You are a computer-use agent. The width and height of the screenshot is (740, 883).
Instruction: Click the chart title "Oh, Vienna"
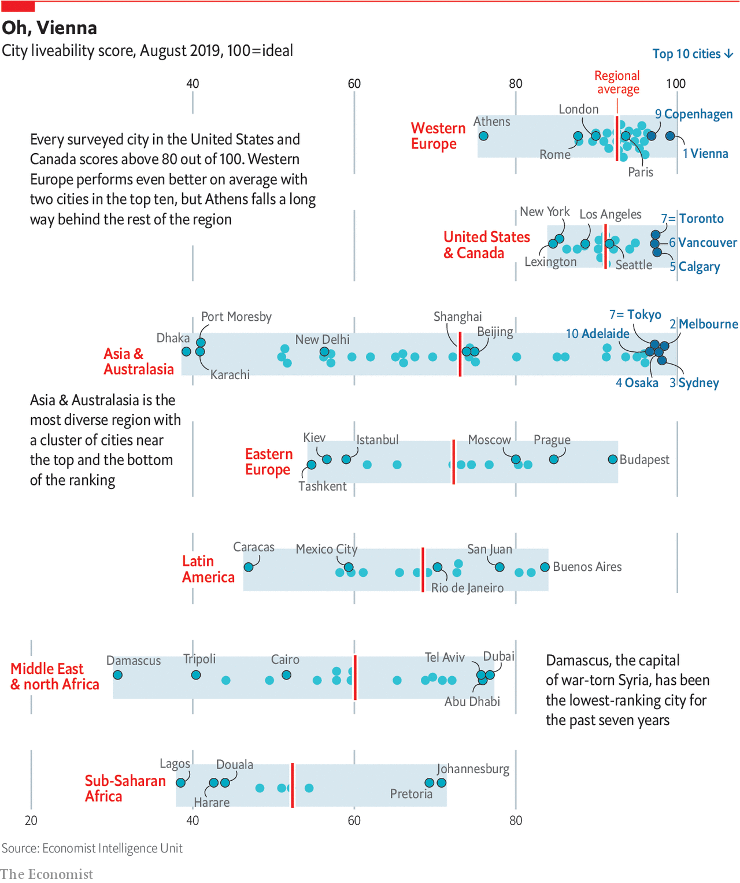pyautogui.click(x=50, y=28)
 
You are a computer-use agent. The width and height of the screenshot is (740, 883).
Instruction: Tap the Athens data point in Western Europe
pyautogui.click(x=483, y=136)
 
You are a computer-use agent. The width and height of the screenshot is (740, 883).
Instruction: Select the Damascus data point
pyautogui.click(x=117, y=675)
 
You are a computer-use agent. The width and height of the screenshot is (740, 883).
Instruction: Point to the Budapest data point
pyautogui.click(x=613, y=459)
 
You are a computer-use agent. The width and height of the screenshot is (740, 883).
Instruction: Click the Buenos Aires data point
pyautogui.click(x=545, y=567)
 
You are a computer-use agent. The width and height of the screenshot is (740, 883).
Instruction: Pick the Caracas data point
pyautogui.click(x=249, y=567)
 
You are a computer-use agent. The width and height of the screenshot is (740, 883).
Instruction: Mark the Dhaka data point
pyautogui.click(x=186, y=351)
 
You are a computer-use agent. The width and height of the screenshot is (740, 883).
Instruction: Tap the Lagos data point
pyautogui.click(x=181, y=782)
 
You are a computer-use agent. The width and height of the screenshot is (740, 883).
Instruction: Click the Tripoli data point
pyautogui.click(x=196, y=675)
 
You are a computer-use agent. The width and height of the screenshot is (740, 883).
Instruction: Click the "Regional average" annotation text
pyautogui.click(x=617, y=83)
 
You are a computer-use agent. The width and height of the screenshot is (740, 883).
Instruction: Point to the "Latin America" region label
pyautogui.click(x=208, y=569)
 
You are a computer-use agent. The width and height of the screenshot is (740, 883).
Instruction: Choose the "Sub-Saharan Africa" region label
pyautogui.click(x=125, y=789)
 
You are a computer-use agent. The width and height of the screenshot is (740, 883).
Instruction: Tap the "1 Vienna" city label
pyautogui.click(x=705, y=154)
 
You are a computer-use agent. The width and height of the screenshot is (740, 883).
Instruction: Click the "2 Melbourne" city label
pyautogui.click(x=704, y=324)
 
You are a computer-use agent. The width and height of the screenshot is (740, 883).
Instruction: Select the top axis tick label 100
pyautogui.click(x=676, y=83)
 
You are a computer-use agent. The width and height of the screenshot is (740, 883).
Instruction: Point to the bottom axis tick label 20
pyautogui.click(x=31, y=821)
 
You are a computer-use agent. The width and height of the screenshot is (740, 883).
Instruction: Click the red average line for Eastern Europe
pyautogui.click(x=454, y=462)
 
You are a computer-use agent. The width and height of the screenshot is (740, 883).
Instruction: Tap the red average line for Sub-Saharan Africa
pyautogui.click(x=293, y=785)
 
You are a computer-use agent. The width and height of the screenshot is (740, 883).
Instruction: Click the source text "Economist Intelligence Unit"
pyautogui.click(x=112, y=848)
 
